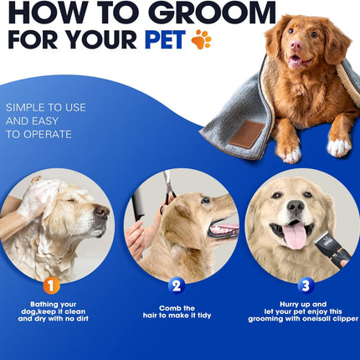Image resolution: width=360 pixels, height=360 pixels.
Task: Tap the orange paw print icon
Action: click(200, 39)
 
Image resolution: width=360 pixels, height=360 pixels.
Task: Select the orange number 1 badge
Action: click(52, 285)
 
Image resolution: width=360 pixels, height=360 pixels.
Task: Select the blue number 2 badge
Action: click(175, 285)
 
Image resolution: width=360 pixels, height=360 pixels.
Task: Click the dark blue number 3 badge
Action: click(306, 285)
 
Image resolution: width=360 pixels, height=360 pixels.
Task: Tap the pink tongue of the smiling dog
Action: click(295, 238)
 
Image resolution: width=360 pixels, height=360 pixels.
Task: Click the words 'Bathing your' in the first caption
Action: click(52, 304)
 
